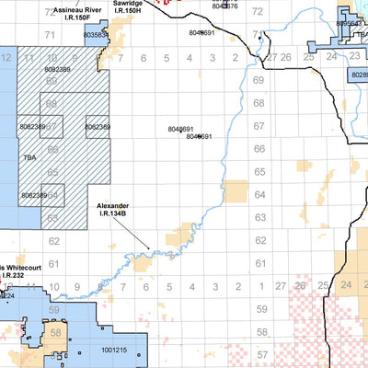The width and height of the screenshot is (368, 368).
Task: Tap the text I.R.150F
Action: (73, 17)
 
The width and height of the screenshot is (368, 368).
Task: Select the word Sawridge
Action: (128, 4)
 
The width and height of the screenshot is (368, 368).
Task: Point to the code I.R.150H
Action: (128, 13)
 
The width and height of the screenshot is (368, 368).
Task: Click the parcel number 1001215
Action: (115, 350)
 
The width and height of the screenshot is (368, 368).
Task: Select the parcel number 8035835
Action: (96, 35)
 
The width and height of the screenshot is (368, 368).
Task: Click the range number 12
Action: (7, 58)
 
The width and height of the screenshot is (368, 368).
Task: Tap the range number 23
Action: (365, 287)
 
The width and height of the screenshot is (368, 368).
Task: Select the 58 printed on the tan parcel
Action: (55, 333)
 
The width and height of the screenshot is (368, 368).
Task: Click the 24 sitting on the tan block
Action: (346, 287)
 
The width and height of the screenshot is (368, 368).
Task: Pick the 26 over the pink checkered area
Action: (298, 287)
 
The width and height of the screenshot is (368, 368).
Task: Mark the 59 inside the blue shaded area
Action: (55, 310)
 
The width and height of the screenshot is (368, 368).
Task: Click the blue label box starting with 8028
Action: (358, 78)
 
